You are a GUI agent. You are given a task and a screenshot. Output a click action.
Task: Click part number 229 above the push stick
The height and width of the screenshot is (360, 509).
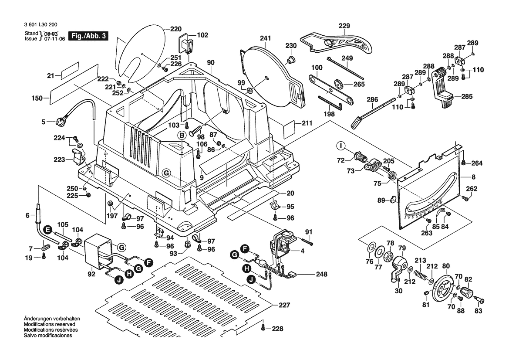coord(344,26)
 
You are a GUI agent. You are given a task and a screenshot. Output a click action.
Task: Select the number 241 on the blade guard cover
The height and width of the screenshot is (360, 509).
coord(266,38)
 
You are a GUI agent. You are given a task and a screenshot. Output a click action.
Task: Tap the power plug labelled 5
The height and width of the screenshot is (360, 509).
coord(58,122)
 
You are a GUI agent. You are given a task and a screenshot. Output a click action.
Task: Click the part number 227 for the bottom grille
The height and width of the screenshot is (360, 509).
coord(284,305)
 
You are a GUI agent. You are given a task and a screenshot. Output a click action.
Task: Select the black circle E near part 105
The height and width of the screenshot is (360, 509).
coord(47,229)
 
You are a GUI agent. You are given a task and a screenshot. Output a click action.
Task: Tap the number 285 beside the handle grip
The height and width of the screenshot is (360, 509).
coord(467,96)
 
